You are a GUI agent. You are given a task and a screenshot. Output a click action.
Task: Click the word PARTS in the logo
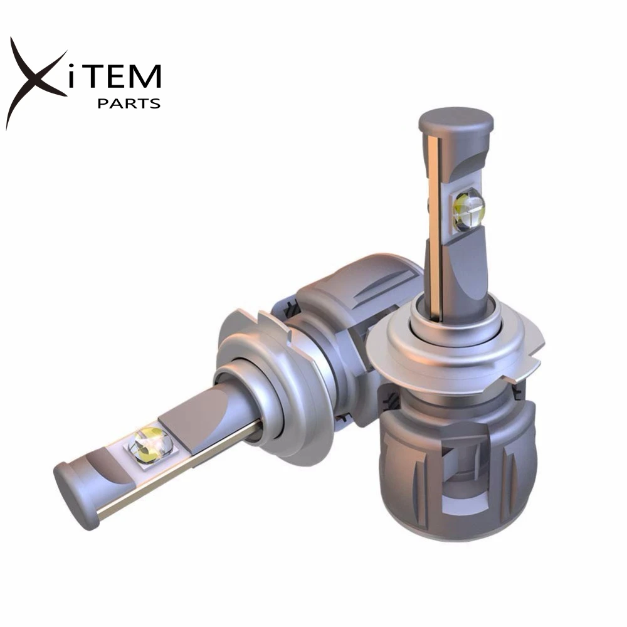click(129, 103)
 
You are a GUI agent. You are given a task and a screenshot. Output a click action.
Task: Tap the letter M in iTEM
click(145, 76)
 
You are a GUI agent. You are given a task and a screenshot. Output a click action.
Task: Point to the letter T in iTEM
click(102, 76)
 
